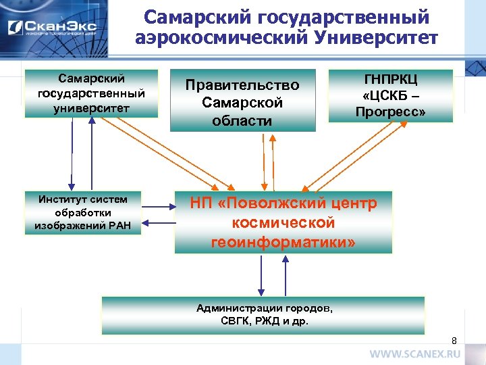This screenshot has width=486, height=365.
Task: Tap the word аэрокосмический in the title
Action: click(215, 37)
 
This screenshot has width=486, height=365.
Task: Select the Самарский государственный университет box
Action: click(91, 93)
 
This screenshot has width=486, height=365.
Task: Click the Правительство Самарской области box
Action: click(242, 101)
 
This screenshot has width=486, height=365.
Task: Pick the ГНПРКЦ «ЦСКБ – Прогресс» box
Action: click(390, 95)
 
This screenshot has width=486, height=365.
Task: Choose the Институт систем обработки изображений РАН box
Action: click(82, 212)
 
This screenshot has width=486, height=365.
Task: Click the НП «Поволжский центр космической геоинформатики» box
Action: click(283, 222)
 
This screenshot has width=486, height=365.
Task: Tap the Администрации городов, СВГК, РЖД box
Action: click(263, 315)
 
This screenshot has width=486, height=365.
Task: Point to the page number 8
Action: click(454, 340)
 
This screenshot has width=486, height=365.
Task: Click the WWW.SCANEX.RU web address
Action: click(414, 354)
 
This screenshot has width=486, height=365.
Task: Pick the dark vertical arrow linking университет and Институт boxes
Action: click(70, 155)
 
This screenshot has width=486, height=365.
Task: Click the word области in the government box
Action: click(242, 121)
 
